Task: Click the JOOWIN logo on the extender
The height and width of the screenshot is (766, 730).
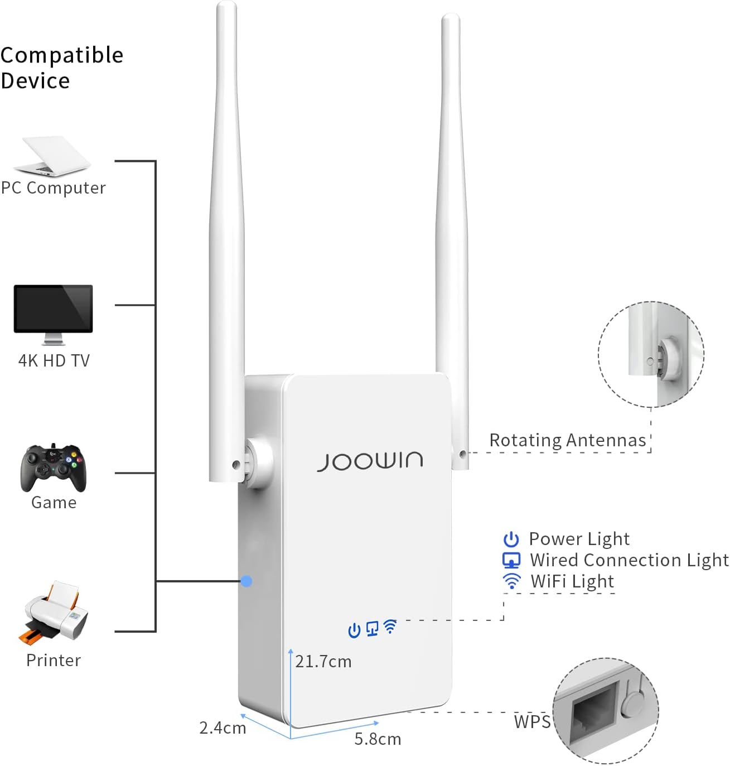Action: click(x=370, y=461)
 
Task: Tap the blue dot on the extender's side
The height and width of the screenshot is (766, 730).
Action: click(x=246, y=581)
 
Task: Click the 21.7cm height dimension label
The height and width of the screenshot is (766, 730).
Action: click(x=323, y=662)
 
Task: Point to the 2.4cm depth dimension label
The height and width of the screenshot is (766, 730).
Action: click(x=223, y=728)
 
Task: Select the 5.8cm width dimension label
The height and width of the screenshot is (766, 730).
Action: click(x=378, y=739)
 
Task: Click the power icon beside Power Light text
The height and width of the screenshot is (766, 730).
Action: click(x=511, y=539)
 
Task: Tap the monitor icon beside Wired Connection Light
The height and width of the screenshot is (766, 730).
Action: click(x=511, y=560)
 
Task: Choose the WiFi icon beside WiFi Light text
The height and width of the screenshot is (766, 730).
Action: click(x=511, y=581)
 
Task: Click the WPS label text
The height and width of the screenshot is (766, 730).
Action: click(x=532, y=722)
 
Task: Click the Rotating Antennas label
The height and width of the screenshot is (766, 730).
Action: click(x=567, y=441)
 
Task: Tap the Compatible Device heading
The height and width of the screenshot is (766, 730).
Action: click(x=61, y=68)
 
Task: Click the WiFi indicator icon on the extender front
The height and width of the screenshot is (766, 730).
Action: click(x=391, y=627)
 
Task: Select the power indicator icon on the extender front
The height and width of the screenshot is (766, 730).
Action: click(x=354, y=630)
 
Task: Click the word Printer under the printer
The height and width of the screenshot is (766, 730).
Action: click(x=54, y=661)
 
